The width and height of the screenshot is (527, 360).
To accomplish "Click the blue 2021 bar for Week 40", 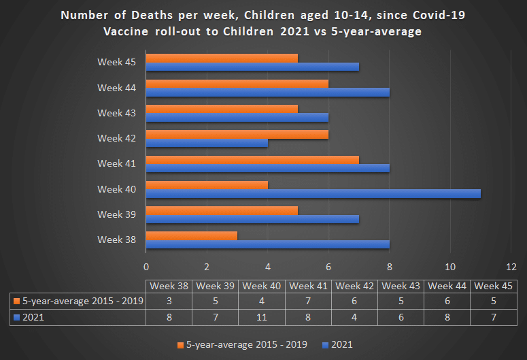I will point(313,194).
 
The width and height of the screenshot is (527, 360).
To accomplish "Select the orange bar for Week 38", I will point(192,236).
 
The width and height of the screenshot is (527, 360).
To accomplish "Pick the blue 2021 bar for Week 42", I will point(207,143).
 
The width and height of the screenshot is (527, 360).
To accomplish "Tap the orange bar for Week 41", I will point(252,160).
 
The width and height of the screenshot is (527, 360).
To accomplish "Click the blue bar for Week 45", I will point(252,67).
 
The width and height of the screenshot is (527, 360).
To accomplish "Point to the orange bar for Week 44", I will point(237,84).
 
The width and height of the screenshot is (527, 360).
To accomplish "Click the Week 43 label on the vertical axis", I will point(117,113).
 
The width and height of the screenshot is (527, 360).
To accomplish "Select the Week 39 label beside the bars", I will point(117,214).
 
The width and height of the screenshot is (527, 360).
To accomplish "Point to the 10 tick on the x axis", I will point(450,266).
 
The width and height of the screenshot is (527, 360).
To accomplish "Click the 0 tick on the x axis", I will point(146,266).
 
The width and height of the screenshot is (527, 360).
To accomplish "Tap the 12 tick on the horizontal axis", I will point(511,266).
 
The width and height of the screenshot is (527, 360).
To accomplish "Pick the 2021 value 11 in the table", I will point(262,316).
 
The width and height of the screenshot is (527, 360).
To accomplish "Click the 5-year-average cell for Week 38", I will point(169,301).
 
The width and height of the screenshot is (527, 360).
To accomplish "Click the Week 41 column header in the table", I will point(309,286).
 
